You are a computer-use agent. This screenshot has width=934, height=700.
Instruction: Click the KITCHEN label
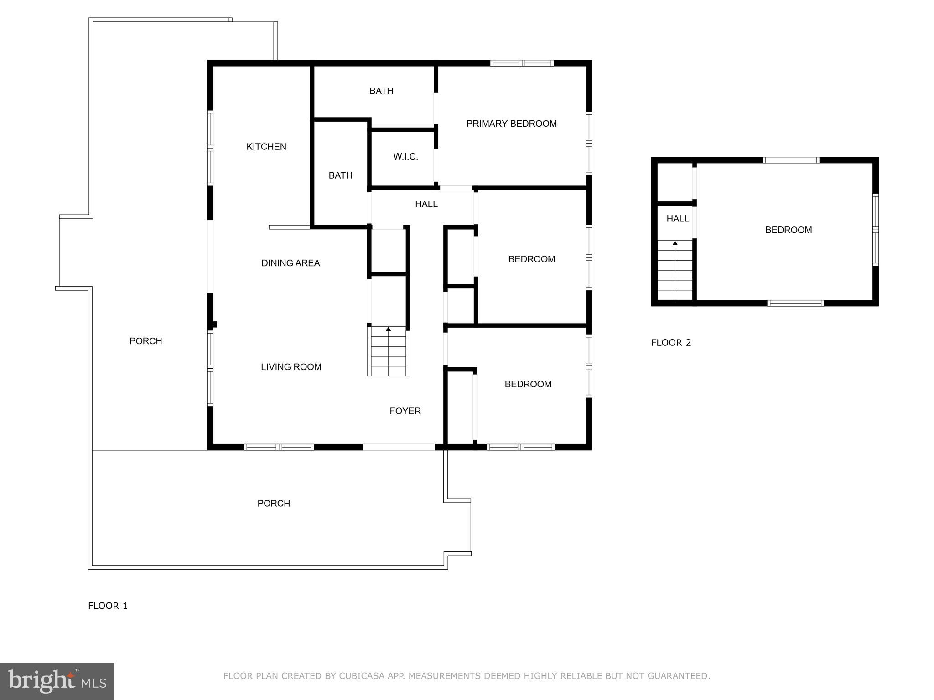(x=266, y=147)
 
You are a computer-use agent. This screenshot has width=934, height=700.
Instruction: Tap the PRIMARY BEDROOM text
(x=511, y=124)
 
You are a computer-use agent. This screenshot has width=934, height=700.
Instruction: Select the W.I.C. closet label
(x=405, y=157)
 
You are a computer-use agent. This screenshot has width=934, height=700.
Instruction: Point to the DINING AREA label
(x=291, y=263)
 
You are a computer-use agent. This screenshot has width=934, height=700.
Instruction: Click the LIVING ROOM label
(x=291, y=367)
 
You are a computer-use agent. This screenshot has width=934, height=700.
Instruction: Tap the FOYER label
(x=405, y=411)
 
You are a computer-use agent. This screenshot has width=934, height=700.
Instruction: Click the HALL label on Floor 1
(x=426, y=204)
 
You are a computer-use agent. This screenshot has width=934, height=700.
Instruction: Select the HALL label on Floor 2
(x=677, y=219)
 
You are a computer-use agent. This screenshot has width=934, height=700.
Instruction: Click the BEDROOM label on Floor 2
(x=788, y=230)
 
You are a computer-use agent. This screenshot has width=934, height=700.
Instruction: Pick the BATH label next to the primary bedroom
(x=381, y=91)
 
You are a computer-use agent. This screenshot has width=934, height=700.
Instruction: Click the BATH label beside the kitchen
(x=340, y=175)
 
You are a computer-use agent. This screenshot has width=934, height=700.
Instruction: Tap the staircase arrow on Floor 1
(x=389, y=329)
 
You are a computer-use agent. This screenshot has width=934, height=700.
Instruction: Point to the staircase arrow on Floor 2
(x=675, y=243)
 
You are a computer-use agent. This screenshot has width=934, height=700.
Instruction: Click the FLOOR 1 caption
(x=108, y=606)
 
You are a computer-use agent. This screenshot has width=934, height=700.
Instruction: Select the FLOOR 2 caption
(x=671, y=343)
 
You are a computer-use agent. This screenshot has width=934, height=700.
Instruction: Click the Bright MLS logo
(x=57, y=681)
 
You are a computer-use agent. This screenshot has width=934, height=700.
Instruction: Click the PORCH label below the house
(x=274, y=503)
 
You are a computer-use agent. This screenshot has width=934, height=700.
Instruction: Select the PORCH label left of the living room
(x=145, y=341)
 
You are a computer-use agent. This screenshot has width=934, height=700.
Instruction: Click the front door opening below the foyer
(x=399, y=447)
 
